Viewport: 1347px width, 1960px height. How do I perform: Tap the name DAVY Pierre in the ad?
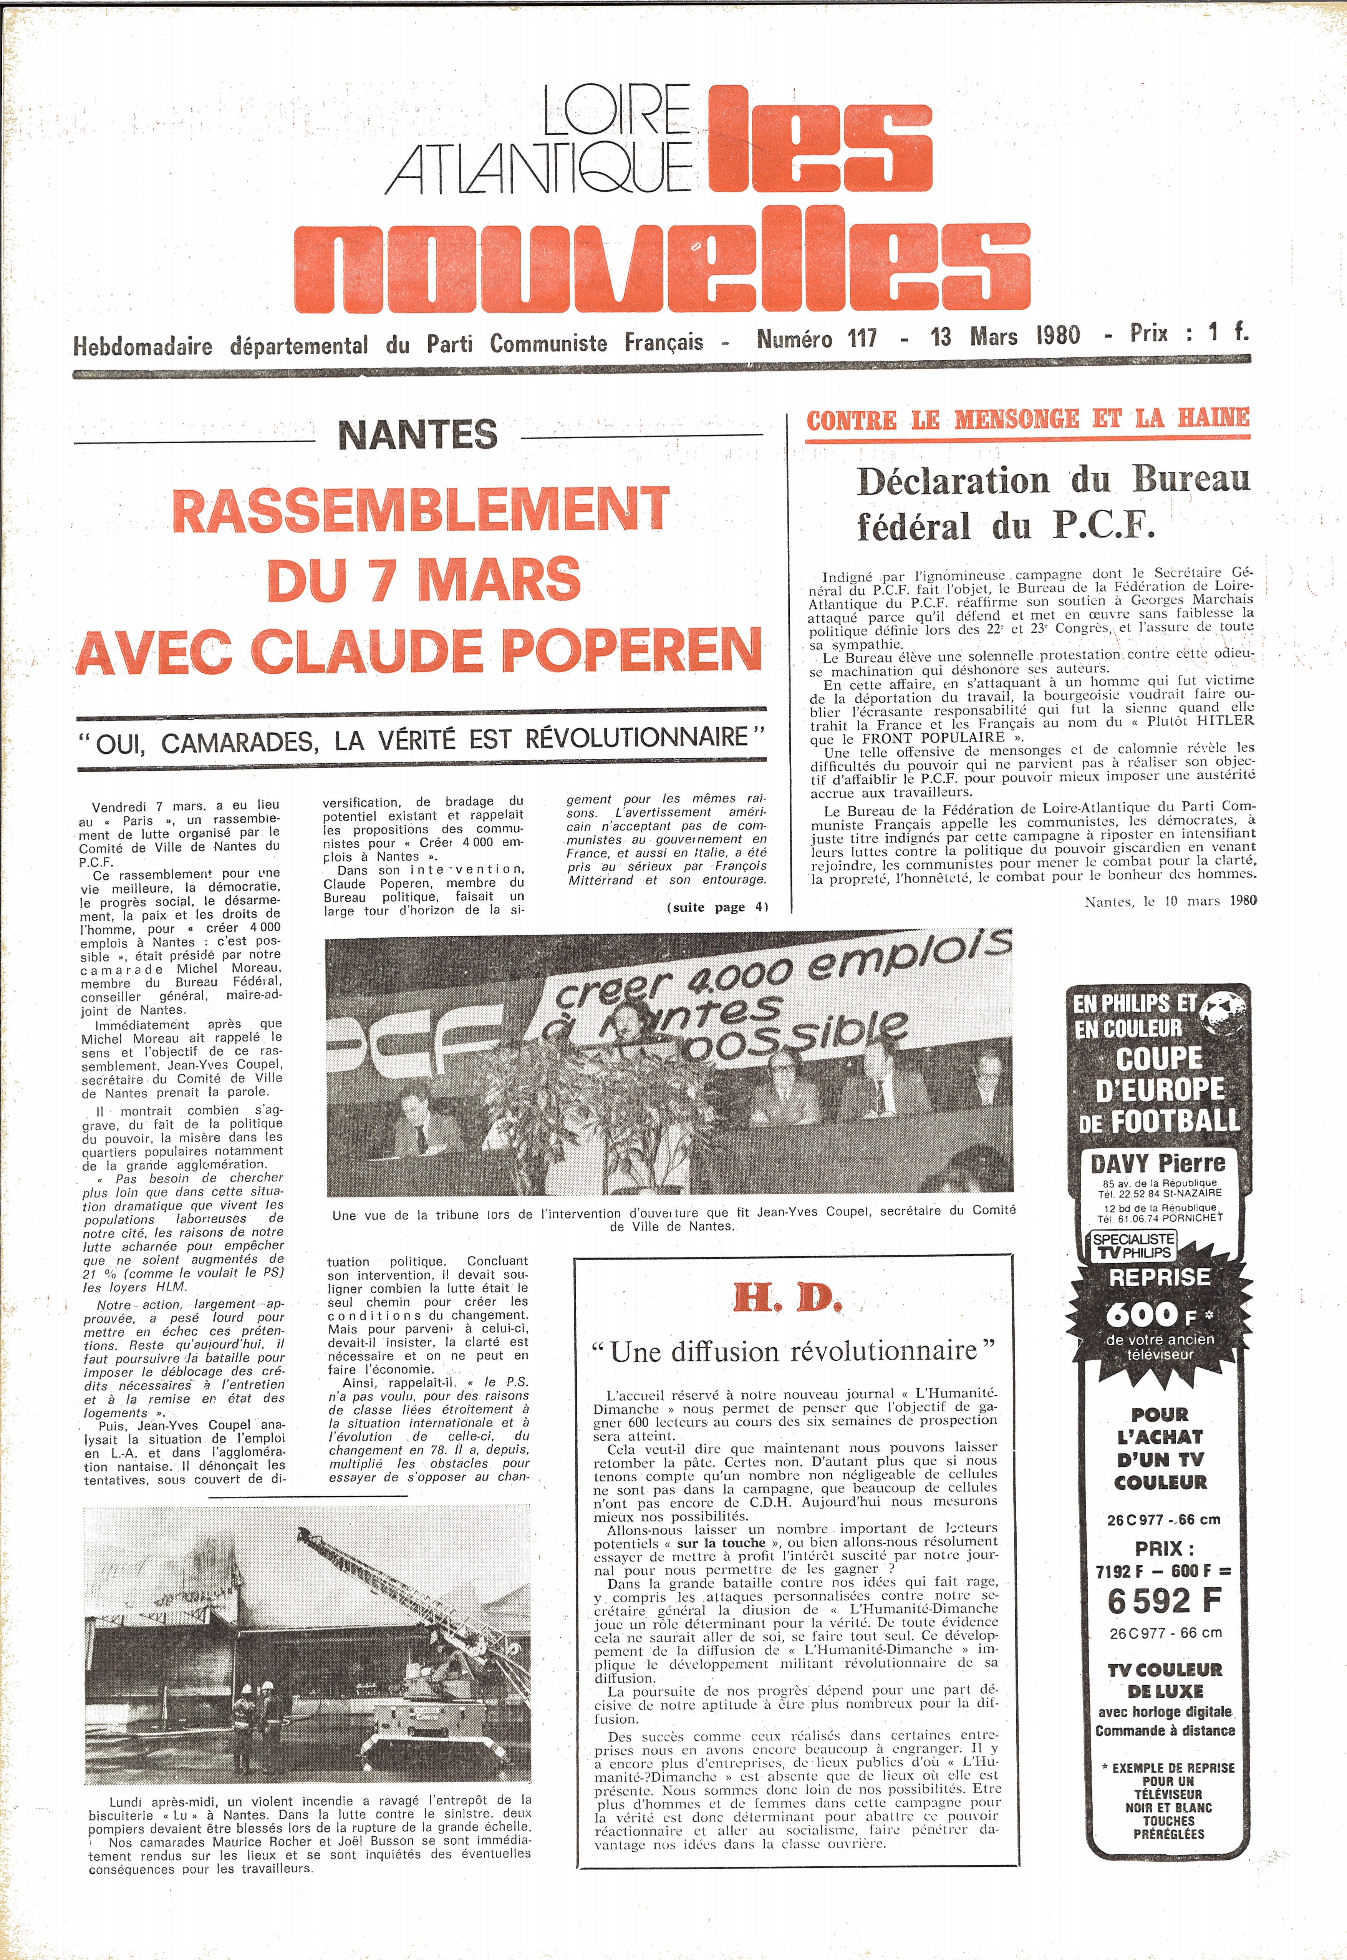pyautogui.click(x=1158, y=1164)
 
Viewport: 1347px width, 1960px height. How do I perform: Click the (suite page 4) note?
pyautogui.click(x=717, y=907)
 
